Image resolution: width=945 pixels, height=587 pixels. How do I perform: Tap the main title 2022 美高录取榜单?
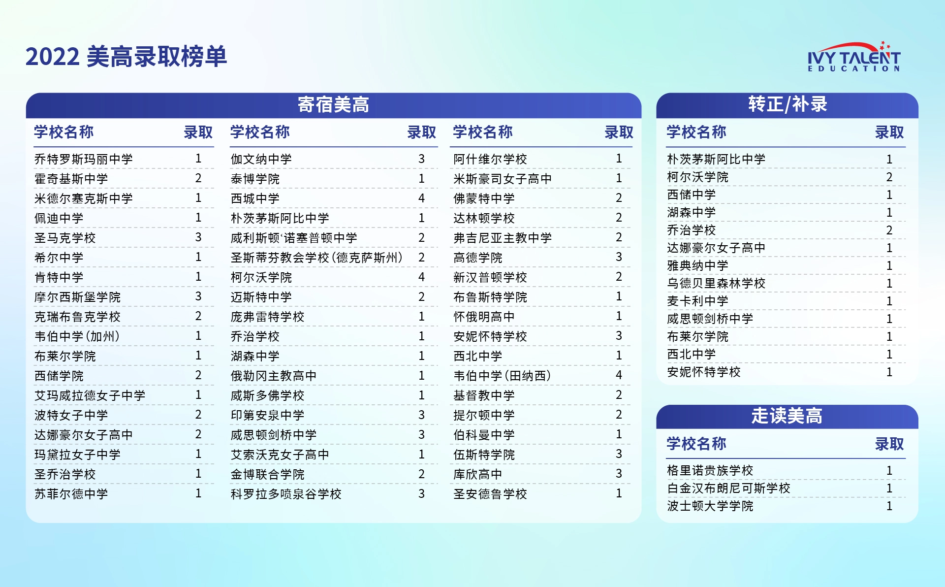click(126, 56)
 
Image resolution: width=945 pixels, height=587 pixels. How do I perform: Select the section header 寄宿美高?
click(333, 105)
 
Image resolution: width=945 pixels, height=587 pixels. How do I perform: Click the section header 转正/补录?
click(787, 104)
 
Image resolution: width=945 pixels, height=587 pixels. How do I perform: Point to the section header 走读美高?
click(787, 416)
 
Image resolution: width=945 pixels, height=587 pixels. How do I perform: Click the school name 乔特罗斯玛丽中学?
click(84, 159)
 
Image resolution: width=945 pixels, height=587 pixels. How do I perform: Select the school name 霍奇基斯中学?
click(71, 179)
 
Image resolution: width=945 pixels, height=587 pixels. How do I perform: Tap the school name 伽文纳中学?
click(261, 159)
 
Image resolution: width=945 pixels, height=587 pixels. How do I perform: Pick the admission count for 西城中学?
click(421, 198)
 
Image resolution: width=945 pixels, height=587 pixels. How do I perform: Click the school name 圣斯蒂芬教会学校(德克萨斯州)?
click(317, 258)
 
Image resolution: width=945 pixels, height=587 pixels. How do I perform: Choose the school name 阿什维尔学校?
click(490, 159)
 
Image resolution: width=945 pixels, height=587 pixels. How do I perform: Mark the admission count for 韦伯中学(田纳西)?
click(619, 375)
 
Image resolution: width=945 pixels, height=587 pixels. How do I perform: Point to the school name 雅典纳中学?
click(697, 265)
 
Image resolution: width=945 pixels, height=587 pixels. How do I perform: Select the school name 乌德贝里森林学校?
click(716, 283)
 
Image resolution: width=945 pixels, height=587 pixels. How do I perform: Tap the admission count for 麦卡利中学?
click(889, 301)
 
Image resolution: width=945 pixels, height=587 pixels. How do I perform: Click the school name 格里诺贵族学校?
click(710, 470)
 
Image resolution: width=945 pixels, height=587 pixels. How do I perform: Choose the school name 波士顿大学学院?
click(710, 506)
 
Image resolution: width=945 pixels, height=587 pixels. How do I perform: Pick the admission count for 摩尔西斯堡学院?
click(198, 296)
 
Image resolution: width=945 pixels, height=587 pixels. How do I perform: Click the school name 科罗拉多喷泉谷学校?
click(286, 494)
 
